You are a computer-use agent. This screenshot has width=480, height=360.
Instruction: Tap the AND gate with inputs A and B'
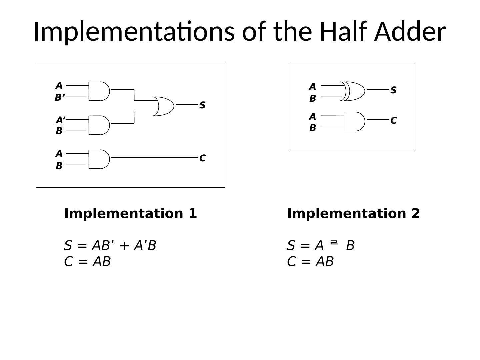(x=99, y=91)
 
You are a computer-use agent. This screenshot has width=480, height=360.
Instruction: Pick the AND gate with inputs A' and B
(x=99, y=125)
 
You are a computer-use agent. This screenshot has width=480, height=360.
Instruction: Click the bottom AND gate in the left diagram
(x=99, y=159)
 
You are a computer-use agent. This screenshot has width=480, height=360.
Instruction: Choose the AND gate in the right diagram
(x=354, y=121)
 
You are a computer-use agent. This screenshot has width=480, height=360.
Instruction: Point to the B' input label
(x=60, y=98)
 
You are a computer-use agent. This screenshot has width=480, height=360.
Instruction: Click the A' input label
(x=60, y=120)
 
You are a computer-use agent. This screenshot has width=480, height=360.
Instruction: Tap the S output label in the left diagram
(x=202, y=105)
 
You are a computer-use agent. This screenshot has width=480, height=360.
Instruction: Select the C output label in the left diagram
(x=202, y=158)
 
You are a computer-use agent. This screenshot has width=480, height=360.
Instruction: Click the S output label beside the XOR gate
(x=393, y=90)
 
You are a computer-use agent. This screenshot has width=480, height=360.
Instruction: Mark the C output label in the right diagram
(x=393, y=121)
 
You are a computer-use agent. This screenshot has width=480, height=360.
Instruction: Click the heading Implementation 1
(x=130, y=214)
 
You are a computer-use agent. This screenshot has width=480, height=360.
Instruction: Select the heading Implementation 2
(x=353, y=214)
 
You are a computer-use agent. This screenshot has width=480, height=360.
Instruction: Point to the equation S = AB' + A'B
(x=110, y=246)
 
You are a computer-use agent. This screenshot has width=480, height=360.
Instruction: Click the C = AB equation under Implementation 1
(x=87, y=262)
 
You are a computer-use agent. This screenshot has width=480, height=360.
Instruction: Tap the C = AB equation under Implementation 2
(x=310, y=262)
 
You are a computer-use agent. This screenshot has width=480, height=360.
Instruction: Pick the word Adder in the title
(x=410, y=31)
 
